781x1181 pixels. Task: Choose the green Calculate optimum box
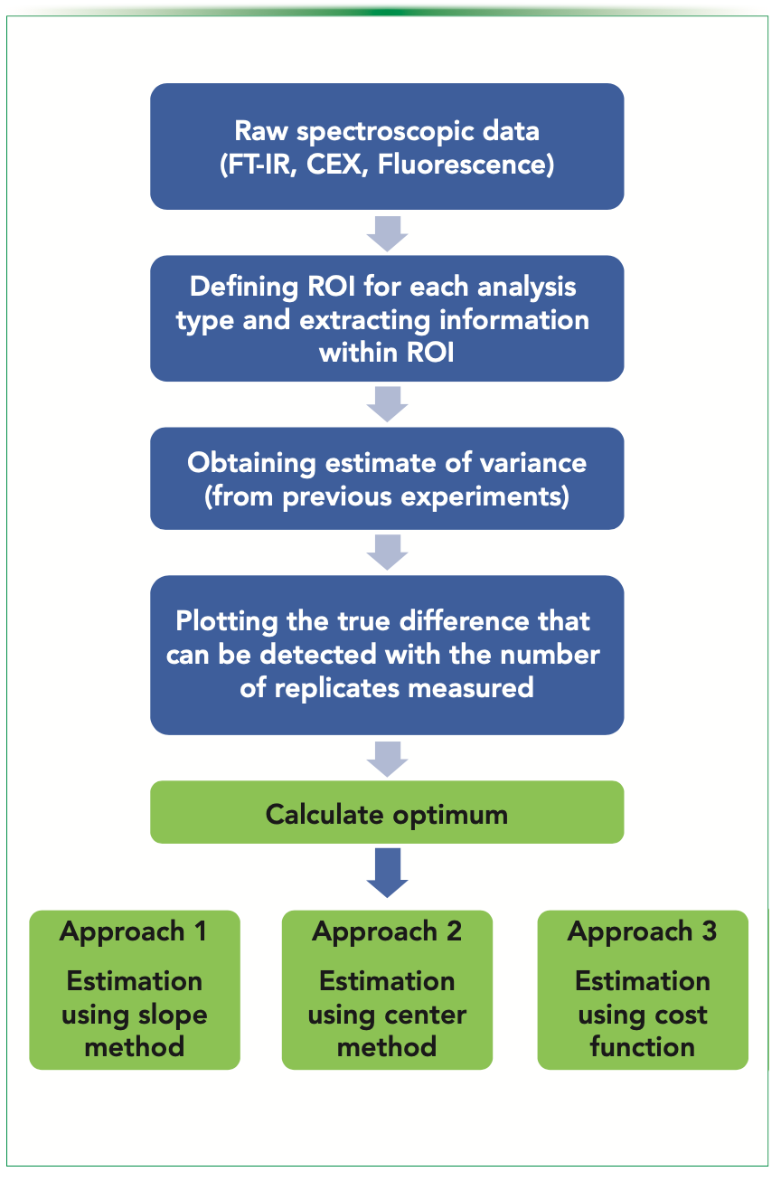[387, 814]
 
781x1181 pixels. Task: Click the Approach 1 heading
[134, 932]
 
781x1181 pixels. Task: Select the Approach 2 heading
[387, 932]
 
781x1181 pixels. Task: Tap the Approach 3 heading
[643, 932]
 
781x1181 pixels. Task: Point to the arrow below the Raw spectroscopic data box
[387, 233]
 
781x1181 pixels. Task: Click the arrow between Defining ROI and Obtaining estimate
[387, 404]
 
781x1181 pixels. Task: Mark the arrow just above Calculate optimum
[387, 758]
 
